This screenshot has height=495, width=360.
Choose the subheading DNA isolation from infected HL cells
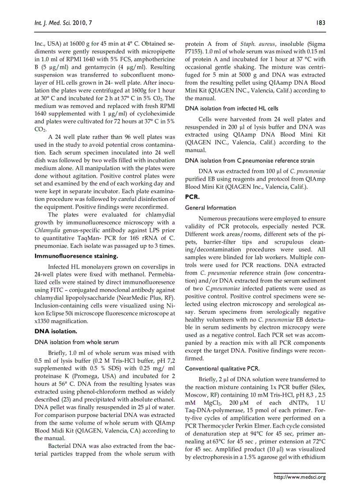click(x=232, y=108)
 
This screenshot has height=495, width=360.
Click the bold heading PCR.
click(x=192, y=197)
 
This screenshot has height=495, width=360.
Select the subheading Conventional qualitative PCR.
click(x=222, y=368)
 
